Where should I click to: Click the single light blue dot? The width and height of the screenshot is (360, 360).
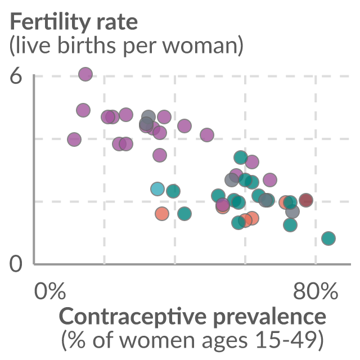[x=157, y=189]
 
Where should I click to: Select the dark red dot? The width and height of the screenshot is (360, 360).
[x=306, y=200]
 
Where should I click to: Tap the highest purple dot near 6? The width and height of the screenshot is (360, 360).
[x=85, y=74]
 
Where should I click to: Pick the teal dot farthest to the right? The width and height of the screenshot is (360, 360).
[x=328, y=238]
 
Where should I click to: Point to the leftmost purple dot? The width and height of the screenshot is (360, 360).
[x=74, y=139]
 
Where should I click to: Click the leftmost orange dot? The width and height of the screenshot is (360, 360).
[x=162, y=214]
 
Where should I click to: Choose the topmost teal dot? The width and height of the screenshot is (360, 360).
[x=241, y=157]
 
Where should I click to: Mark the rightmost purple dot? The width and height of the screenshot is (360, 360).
[x=270, y=180]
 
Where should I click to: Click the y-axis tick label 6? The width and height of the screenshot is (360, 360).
[x=16, y=76]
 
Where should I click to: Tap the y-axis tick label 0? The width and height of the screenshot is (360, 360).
[x=16, y=264]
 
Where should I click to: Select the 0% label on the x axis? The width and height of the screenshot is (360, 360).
[x=50, y=291]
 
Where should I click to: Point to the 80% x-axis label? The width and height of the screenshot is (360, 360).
[x=316, y=291]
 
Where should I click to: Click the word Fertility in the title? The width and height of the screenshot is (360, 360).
[x=50, y=22]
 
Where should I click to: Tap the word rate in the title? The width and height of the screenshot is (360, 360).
[x=117, y=23]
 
